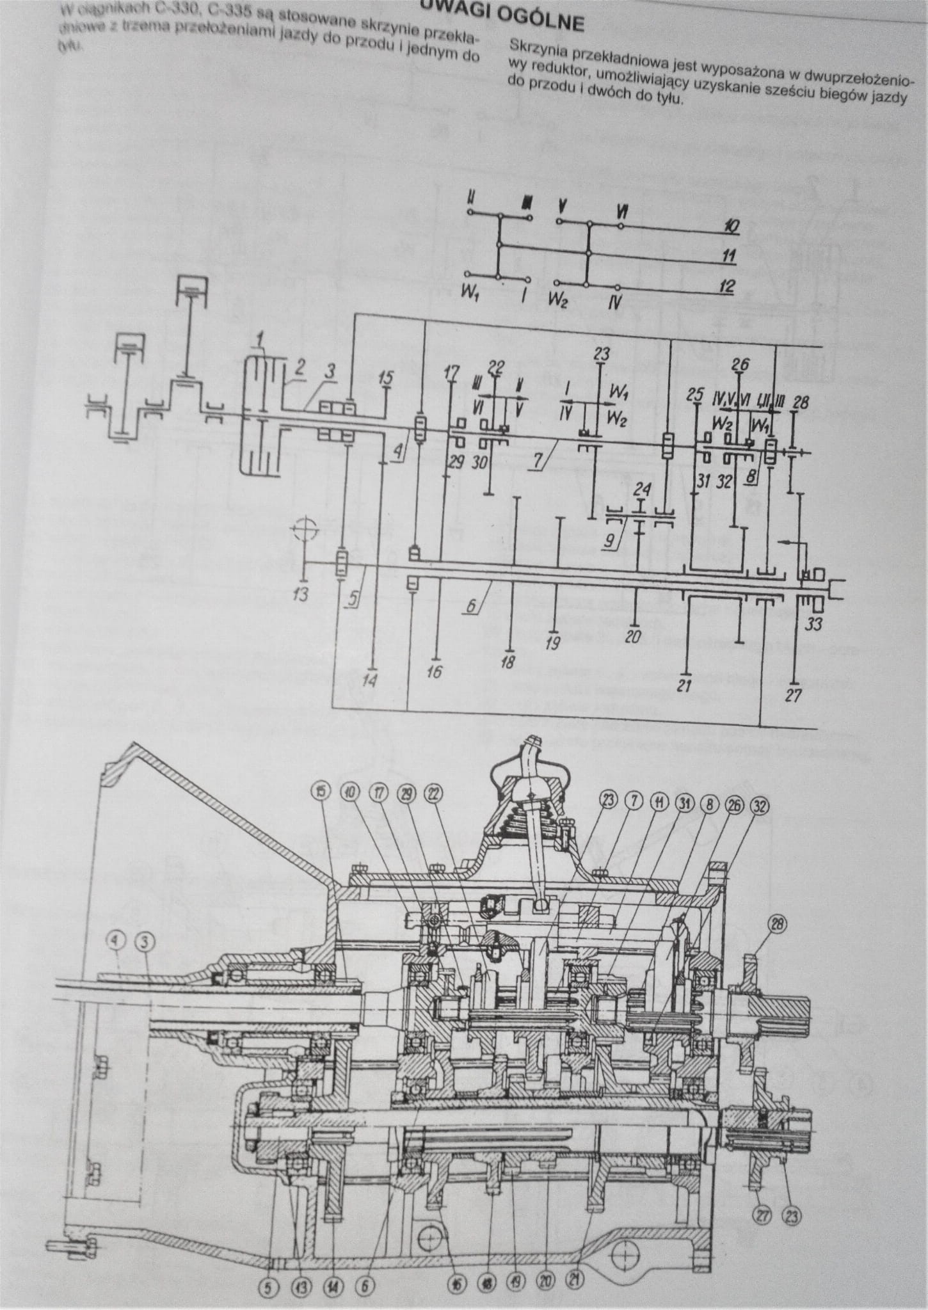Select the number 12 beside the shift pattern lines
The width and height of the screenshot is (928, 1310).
tap(726, 286)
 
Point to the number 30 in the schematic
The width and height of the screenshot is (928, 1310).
tap(479, 463)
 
